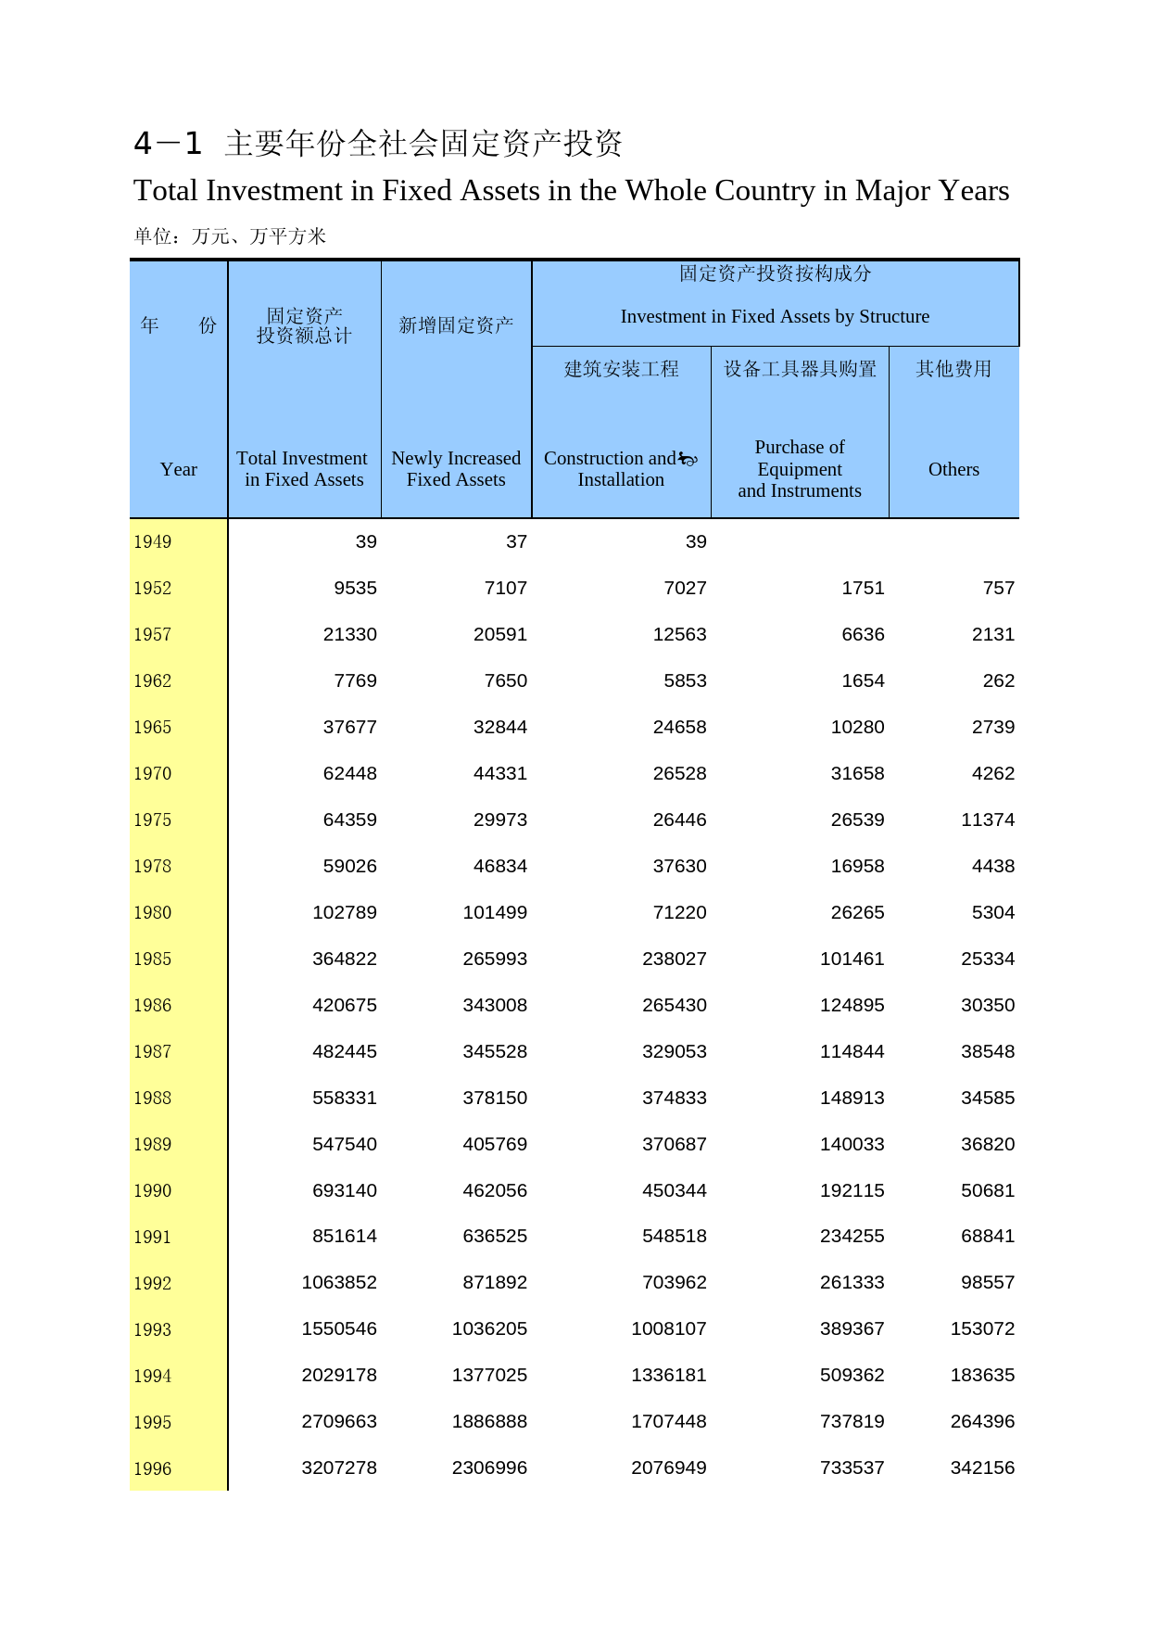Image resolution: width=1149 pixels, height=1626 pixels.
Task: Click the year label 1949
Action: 153,542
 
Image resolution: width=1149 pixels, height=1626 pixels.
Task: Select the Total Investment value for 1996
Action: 339,1467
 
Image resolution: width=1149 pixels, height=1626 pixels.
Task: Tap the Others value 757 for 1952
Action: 998,588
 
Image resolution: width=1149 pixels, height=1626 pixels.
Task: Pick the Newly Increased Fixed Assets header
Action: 456,469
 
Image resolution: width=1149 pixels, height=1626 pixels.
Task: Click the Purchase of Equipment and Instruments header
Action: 800,469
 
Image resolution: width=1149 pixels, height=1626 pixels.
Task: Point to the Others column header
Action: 953,469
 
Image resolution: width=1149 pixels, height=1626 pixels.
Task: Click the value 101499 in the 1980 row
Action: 495,912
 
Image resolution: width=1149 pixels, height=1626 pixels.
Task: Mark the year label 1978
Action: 153,867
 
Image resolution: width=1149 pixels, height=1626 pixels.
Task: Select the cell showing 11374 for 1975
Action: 988,819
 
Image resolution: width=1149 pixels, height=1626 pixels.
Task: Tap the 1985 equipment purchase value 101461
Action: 852,959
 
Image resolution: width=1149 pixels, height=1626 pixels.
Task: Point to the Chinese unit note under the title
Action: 230,236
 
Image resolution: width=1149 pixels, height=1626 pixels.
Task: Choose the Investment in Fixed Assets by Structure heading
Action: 775,317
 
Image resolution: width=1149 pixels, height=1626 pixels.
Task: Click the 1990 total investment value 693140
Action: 345,1190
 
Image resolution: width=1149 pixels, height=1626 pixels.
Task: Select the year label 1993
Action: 153,1329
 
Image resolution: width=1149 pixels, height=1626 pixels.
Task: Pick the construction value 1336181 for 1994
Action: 668,1375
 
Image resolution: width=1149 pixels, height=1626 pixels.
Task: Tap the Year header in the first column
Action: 178,469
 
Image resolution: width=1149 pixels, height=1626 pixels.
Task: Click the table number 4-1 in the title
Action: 168,144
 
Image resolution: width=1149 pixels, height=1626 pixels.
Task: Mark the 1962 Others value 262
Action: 998,680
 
